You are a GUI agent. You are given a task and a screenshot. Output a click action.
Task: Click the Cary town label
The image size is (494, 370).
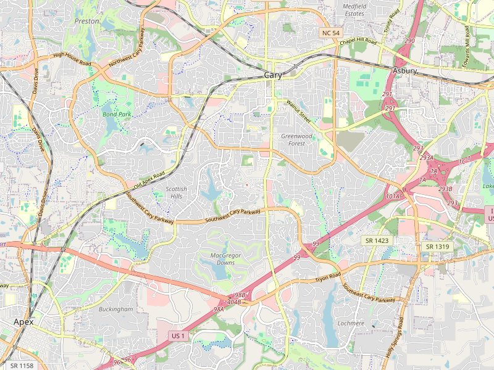pos(273,75)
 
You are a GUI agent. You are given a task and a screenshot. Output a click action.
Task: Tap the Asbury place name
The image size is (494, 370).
pos(405,71)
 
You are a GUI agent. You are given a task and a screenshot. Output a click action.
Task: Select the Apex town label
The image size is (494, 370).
pos(23,323)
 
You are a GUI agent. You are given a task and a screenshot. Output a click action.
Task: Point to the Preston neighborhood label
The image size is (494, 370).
pos(86,21)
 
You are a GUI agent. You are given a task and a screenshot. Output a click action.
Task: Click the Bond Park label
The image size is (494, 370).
pos(117,115)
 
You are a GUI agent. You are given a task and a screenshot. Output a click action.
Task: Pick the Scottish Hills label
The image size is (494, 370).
pos(176,192)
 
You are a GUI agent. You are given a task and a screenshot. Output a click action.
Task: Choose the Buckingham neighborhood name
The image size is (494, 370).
pos(115,308)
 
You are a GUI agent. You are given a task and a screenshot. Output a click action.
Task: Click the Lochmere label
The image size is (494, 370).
pos(351,323)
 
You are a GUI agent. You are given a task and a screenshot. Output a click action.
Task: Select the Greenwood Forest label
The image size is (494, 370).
pos(296,139)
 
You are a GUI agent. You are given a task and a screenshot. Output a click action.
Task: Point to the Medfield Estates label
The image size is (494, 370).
pos(354,9)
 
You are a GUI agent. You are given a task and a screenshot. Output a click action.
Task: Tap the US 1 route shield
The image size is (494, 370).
pos(178,335)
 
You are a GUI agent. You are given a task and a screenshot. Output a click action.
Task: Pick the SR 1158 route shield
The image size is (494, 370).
pos(21,366)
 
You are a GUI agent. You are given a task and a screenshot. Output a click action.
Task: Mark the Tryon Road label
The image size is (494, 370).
pos(329,278)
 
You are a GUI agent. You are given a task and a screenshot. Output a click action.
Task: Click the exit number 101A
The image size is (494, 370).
pos(393,196)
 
